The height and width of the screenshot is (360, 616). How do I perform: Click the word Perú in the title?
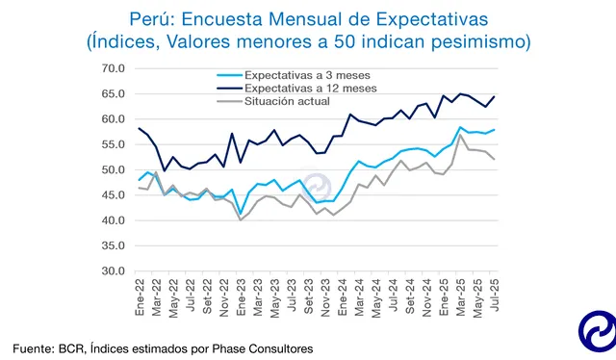(x=149, y=18)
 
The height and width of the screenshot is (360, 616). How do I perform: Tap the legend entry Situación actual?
(x=287, y=100)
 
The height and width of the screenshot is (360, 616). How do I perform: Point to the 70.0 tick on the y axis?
(x=112, y=69)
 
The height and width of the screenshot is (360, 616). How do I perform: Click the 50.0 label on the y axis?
(x=112, y=170)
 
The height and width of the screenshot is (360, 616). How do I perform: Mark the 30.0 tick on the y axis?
(x=112, y=271)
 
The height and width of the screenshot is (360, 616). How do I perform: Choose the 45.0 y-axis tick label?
(x=112, y=195)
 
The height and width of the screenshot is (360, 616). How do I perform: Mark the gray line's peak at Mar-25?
(x=460, y=136)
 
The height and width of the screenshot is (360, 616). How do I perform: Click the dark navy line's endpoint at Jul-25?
(x=494, y=96)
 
